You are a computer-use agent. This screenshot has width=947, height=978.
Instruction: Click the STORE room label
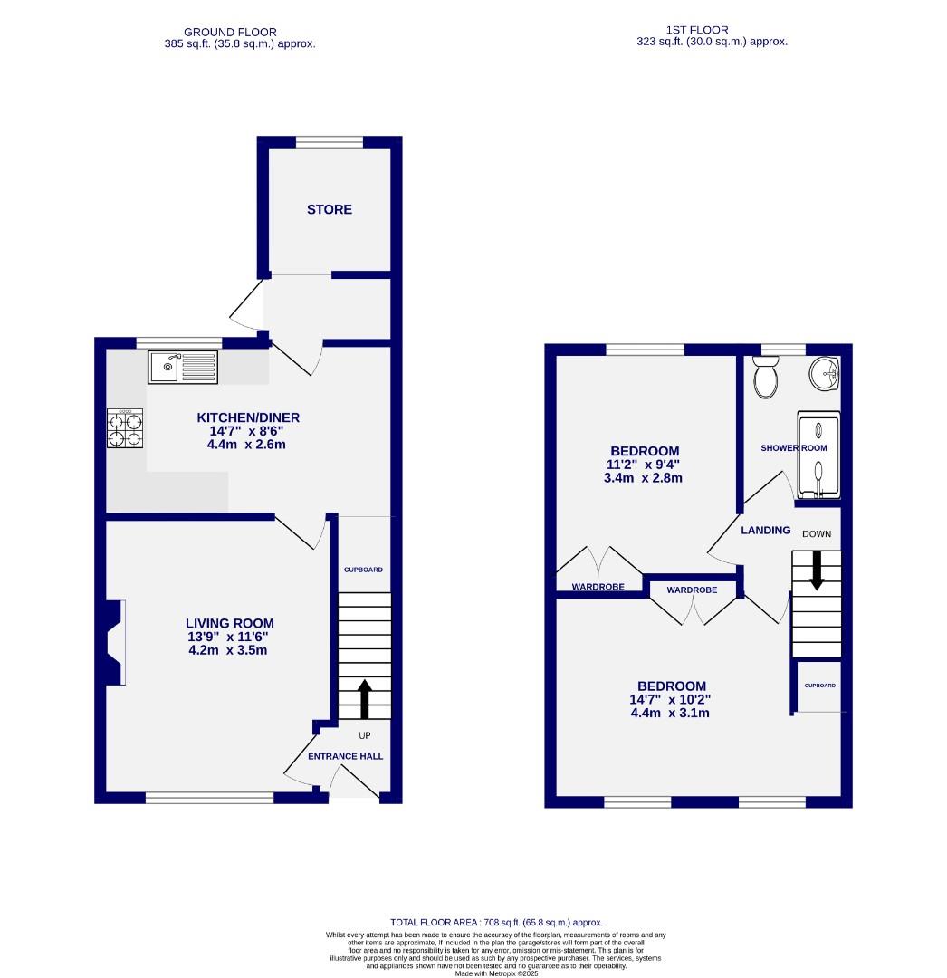pyautogui.click(x=329, y=209)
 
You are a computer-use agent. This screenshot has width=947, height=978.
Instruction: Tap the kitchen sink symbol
pyautogui.click(x=183, y=367)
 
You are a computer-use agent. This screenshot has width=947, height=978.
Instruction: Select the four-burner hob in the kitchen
pyautogui.click(x=126, y=428)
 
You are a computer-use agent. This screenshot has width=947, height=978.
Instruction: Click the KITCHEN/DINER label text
pyautogui.click(x=248, y=417)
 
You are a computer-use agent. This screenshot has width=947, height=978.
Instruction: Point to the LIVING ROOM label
pyautogui.click(x=229, y=623)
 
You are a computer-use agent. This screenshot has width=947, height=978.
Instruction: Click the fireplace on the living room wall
pyautogui.click(x=115, y=642)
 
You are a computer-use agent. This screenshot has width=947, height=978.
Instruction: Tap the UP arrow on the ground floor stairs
pyautogui.click(x=365, y=698)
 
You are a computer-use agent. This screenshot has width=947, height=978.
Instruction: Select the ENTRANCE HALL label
pyautogui.click(x=345, y=756)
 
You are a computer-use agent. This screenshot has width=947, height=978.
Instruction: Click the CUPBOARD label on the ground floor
pyautogui.click(x=363, y=570)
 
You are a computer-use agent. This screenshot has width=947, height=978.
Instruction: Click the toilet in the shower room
pyautogui.click(x=766, y=378)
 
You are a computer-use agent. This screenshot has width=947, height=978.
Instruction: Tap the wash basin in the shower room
pyautogui.click(x=824, y=373)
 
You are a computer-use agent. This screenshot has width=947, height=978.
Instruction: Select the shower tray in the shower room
pyautogui.click(x=818, y=456)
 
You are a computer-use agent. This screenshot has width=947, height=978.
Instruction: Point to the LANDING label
pyautogui.click(x=765, y=531)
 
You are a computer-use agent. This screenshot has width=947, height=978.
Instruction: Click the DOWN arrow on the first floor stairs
pyautogui.click(x=817, y=570)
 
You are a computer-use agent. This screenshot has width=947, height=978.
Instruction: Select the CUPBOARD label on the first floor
pyautogui.click(x=819, y=686)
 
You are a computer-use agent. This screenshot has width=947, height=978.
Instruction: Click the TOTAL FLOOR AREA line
pyautogui.click(x=496, y=922)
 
